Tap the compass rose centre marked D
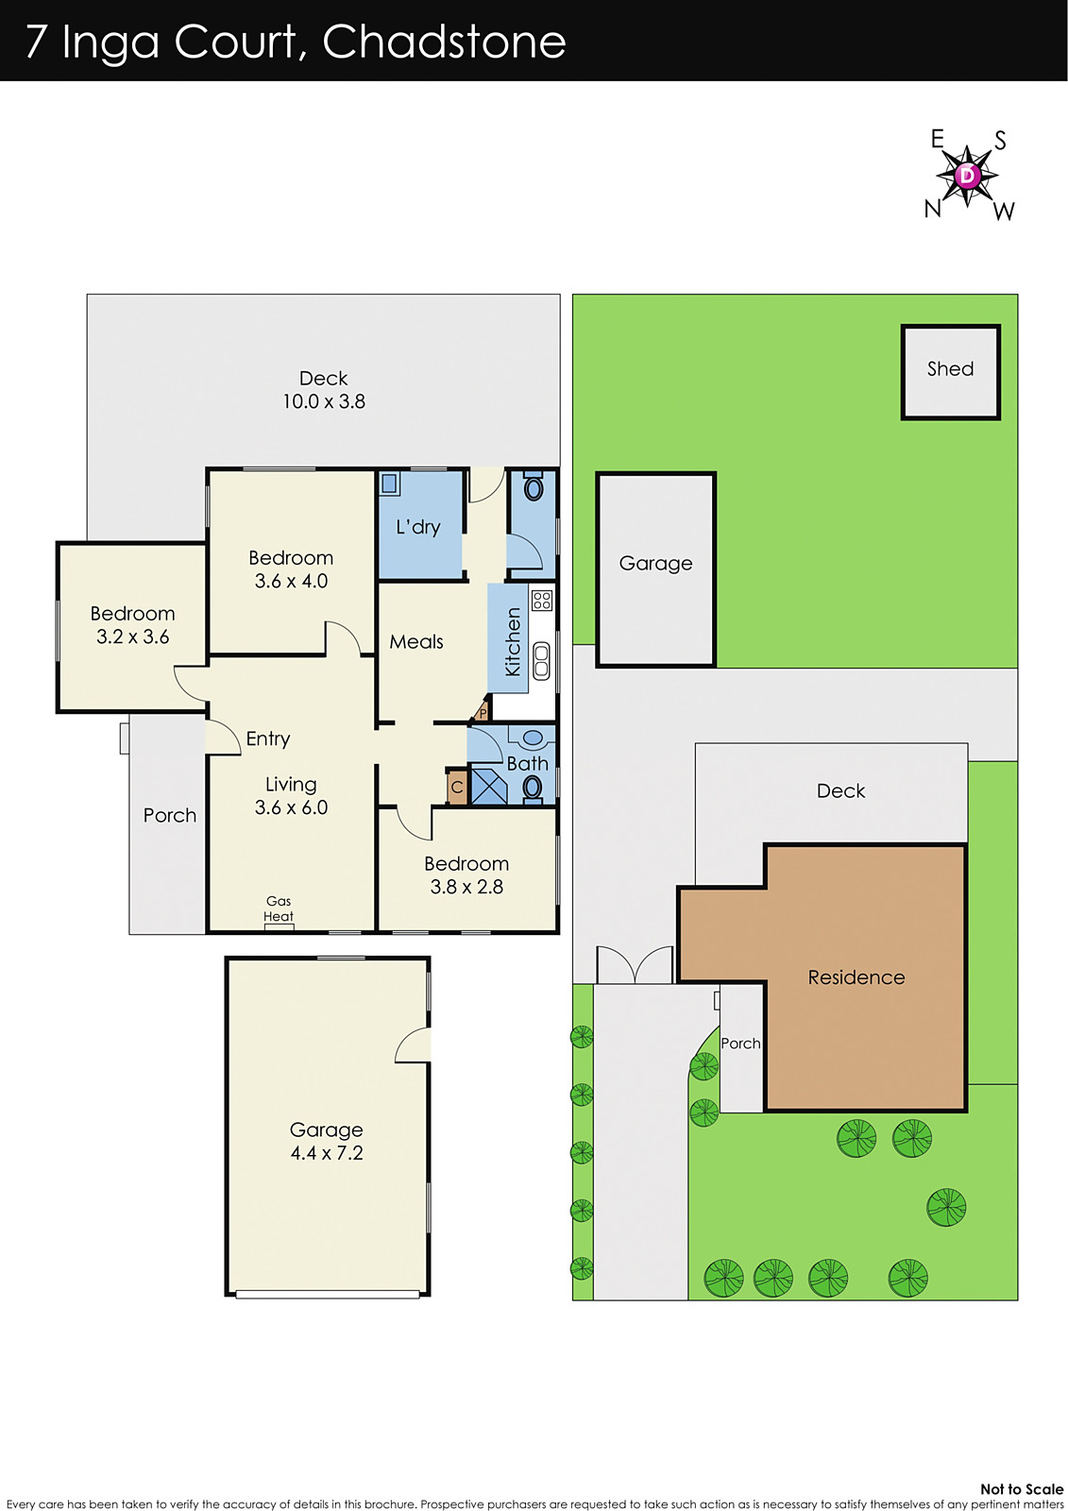[967, 175]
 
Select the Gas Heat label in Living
[279, 909]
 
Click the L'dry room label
[418, 527]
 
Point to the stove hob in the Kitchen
[541, 600]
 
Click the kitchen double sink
[541, 660]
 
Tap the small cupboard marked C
[457, 787]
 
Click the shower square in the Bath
[489, 787]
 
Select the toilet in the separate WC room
[534, 488]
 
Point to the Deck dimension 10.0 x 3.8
[324, 401]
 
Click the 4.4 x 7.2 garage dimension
[327, 1153]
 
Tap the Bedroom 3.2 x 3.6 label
[132, 625]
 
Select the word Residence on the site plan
[856, 977]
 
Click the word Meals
[416, 642]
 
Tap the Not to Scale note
[1021, 1489]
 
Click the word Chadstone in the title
[444, 42]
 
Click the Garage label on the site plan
[655, 564]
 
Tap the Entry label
[268, 739]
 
